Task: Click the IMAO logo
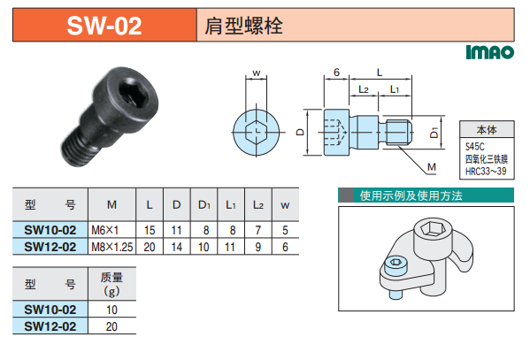490,52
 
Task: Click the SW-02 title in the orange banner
104,26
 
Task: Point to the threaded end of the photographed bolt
80,150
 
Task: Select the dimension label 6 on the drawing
336,72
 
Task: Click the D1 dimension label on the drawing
434,132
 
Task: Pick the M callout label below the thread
432,167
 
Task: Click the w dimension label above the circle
257,73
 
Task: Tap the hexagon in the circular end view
257,132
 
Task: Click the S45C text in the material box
475,147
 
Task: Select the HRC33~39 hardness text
486,171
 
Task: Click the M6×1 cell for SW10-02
104,230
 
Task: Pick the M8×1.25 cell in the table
112,247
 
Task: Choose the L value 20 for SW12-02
149,247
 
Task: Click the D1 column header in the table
204,205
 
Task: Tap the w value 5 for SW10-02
285,230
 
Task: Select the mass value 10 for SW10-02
111,310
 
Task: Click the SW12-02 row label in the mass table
50,326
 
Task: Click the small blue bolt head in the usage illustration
395,263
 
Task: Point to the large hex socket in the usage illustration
433,229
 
